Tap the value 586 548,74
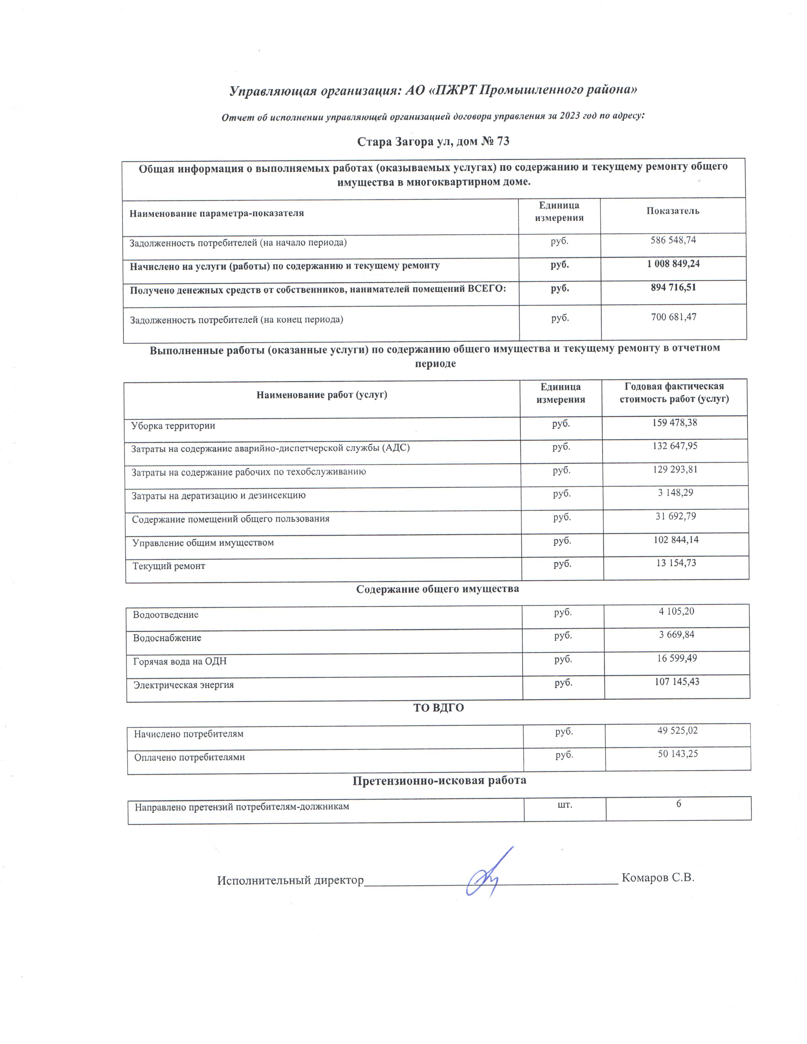(673, 240)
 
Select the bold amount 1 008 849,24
(673, 264)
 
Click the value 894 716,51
(673, 287)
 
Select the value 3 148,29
(675, 492)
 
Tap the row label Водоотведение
(166, 615)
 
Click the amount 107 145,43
(677, 682)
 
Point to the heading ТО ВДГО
(438, 708)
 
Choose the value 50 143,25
(678, 754)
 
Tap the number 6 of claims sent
(679, 804)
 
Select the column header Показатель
(673, 211)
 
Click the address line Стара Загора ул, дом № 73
(433, 141)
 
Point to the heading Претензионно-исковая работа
(439, 780)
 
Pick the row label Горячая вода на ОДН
(180, 662)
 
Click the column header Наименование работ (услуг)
(322, 395)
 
